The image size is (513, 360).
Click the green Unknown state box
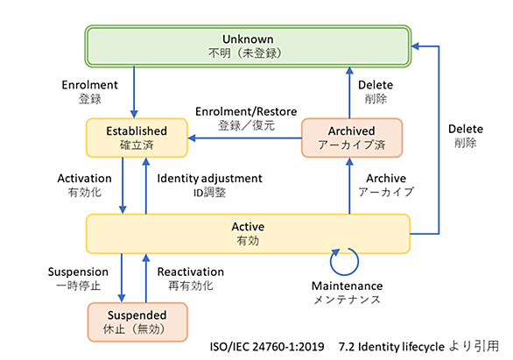pos(248,46)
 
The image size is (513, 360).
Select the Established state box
pos(137,138)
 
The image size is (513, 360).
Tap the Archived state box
pos(352,138)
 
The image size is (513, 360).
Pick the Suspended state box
pos(137,322)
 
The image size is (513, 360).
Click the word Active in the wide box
pos(248,227)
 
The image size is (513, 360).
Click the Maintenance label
pos(348,286)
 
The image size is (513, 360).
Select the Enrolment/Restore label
pos(246,111)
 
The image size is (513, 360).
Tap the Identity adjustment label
pos(210,179)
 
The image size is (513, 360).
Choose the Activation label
pos(84,179)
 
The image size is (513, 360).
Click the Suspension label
pos(78,272)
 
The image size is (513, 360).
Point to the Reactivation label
pos(191,272)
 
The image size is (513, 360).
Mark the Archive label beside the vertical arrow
pos(386,179)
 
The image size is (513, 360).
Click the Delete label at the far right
pos(466,129)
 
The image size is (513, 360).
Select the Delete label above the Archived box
pos(376,85)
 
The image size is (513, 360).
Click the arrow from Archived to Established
pos(245,138)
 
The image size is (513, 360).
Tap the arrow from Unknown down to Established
pos(134,92)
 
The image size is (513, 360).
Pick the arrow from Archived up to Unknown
pos(349,93)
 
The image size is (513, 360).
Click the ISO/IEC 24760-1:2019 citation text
pos(267,347)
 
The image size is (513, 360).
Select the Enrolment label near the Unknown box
pos(89,85)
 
